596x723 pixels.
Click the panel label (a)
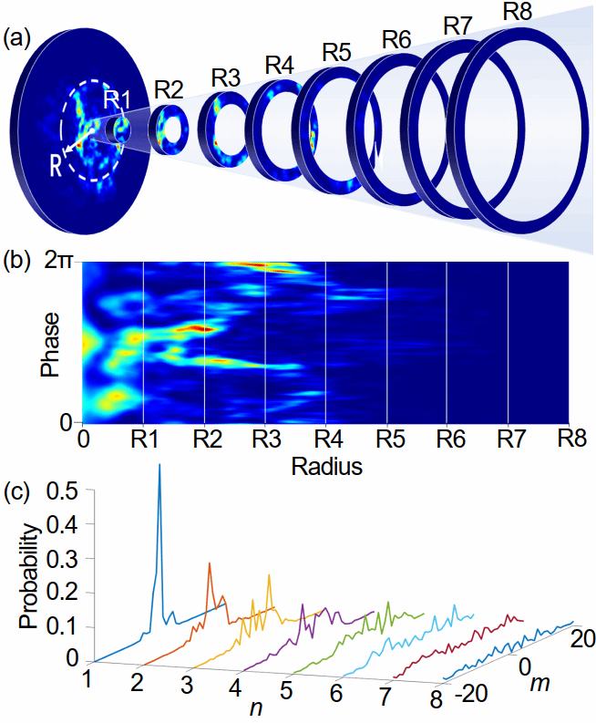(20, 38)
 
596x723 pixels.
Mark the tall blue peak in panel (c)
(159, 467)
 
